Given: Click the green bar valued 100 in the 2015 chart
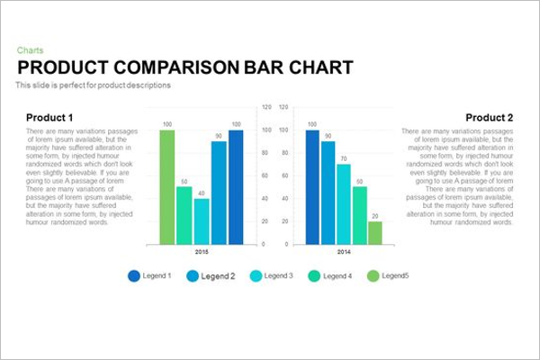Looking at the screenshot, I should (x=167, y=187).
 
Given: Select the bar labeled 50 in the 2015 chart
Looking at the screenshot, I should (x=184, y=215).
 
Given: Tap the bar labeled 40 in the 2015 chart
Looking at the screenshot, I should (x=202, y=221).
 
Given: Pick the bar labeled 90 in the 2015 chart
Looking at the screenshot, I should (x=219, y=193).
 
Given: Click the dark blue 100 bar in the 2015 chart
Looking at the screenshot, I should (x=236, y=187).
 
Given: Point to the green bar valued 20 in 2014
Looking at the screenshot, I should (x=375, y=233).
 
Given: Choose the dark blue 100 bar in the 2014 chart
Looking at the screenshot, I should (x=312, y=187).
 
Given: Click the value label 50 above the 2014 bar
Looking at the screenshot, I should (x=360, y=181).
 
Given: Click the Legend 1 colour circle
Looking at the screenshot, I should (x=135, y=276).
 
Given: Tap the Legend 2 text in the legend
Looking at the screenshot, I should (x=218, y=276).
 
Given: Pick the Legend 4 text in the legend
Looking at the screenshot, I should (x=337, y=276).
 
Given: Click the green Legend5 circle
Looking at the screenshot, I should (x=373, y=276).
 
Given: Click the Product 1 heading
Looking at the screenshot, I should (x=49, y=118).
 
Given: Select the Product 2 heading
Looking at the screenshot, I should (x=489, y=118).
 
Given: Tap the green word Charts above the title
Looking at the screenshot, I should (x=31, y=50).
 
